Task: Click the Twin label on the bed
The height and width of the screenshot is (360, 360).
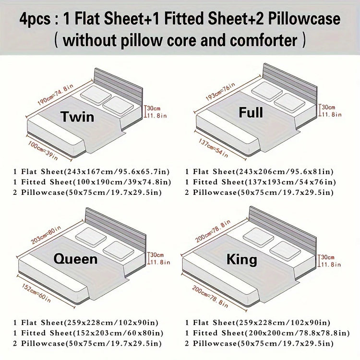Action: [78, 117]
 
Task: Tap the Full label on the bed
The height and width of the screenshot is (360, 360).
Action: [251, 112]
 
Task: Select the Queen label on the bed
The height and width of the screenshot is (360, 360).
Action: [75, 259]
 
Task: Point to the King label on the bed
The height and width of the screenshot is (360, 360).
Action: [242, 260]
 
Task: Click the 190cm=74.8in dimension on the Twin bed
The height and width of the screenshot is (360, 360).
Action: [56, 95]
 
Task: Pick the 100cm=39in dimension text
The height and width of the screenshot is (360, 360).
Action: [43, 150]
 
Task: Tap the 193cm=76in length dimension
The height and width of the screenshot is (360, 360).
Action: [220, 91]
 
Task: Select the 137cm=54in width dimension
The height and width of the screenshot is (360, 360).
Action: [213, 148]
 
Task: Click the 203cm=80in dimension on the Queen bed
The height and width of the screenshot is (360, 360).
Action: [46, 235]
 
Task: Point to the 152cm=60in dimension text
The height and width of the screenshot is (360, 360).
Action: [36, 293]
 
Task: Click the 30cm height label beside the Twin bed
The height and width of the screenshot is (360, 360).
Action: [154, 108]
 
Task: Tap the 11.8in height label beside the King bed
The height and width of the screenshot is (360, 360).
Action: [331, 264]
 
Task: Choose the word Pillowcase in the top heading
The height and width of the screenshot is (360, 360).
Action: [304, 19]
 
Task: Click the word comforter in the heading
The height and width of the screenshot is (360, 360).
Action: [264, 40]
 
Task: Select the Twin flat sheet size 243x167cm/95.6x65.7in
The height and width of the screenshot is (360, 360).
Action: [117, 171]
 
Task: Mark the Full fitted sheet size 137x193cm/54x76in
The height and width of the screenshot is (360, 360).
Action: [289, 182]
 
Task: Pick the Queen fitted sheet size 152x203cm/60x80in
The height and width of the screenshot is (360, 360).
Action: [118, 333]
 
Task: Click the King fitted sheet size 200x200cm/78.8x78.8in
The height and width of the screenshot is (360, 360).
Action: [297, 333]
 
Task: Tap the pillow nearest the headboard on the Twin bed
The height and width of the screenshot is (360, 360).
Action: [96, 95]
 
